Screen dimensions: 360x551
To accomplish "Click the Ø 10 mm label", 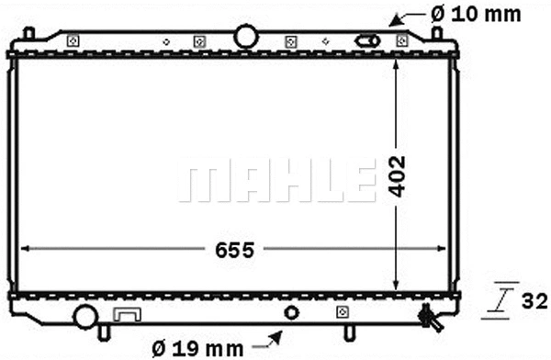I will [476, 14].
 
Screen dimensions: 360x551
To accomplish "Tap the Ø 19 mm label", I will [197, 348].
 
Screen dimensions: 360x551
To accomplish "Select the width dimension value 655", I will [234, 249].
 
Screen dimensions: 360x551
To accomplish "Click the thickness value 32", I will [535, 300].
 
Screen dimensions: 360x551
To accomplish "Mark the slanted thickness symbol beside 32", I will [505, 298].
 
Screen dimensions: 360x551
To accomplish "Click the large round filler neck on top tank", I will [246, 36].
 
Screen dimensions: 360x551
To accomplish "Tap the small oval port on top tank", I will [368, 41].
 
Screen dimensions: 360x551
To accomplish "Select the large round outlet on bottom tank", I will [85, 317].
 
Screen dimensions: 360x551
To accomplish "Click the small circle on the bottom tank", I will [291, 313].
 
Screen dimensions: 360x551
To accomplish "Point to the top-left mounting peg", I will [28, 34].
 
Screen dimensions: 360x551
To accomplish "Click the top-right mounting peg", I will [437, 33].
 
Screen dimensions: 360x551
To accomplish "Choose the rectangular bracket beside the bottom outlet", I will [125, 315].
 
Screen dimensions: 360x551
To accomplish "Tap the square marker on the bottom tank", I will [341, 312].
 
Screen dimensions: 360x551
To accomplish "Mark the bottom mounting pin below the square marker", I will [350, 332].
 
